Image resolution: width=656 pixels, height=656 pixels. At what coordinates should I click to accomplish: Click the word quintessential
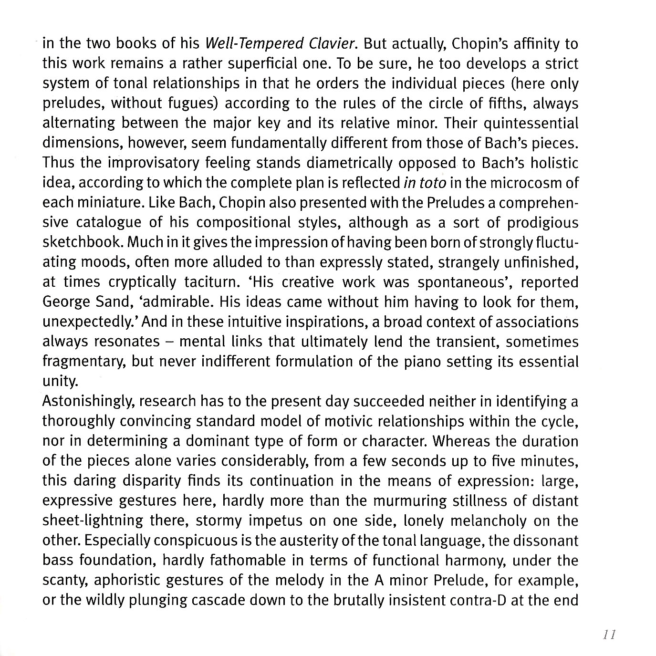click(531, 124)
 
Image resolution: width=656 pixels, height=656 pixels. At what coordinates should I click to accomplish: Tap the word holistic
click(553, 163)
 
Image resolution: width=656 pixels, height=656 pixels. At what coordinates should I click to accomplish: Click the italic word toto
click(433, 183)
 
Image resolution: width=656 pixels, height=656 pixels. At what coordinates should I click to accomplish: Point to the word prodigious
click(542, 223)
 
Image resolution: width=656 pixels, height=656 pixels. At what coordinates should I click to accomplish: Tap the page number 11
click(607, 635)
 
